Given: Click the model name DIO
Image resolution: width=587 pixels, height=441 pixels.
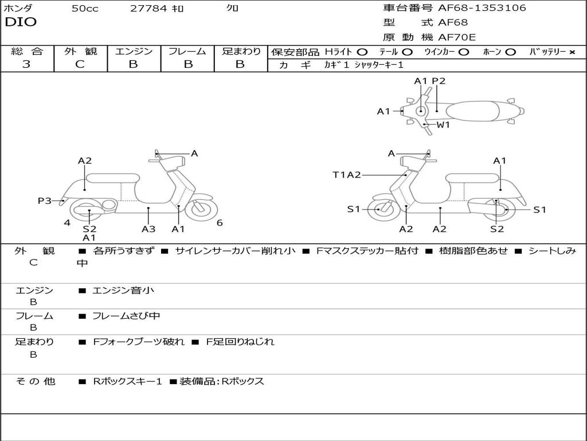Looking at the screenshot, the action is coord(21,22).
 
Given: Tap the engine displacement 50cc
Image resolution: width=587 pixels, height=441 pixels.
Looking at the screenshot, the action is coord(85,9).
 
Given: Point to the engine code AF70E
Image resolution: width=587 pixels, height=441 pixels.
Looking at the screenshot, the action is coord(457,38).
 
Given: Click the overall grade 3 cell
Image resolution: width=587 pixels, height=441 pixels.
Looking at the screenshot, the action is coord(26,64).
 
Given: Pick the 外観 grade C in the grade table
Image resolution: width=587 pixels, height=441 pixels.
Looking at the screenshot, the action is coord(80,64).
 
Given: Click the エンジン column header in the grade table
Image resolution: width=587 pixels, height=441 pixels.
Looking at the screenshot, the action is coord(134,52).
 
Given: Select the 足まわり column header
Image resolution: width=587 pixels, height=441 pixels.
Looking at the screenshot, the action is coord(241,52).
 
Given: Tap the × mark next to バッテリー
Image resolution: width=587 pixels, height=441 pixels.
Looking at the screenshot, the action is coord(572,52).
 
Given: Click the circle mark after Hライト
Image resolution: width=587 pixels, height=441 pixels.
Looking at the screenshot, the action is coord(362,52).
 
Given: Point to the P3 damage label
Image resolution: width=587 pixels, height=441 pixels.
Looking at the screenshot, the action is coord(45,200).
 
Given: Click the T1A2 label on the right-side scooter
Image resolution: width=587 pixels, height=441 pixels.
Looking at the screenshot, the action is coord(347,175).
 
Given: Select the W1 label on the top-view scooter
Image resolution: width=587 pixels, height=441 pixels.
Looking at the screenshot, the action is coord(443,125).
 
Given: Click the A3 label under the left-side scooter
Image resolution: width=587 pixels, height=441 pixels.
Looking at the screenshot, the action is coord(148,229).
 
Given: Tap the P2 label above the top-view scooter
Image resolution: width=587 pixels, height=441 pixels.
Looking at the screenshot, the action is coord(439,81).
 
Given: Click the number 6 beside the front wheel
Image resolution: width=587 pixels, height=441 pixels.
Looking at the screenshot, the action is coord(220,223).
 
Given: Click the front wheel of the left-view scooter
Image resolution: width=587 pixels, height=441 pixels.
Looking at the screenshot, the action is coord(201,209).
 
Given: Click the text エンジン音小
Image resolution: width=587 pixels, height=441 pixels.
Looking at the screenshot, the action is coord(123,291).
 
